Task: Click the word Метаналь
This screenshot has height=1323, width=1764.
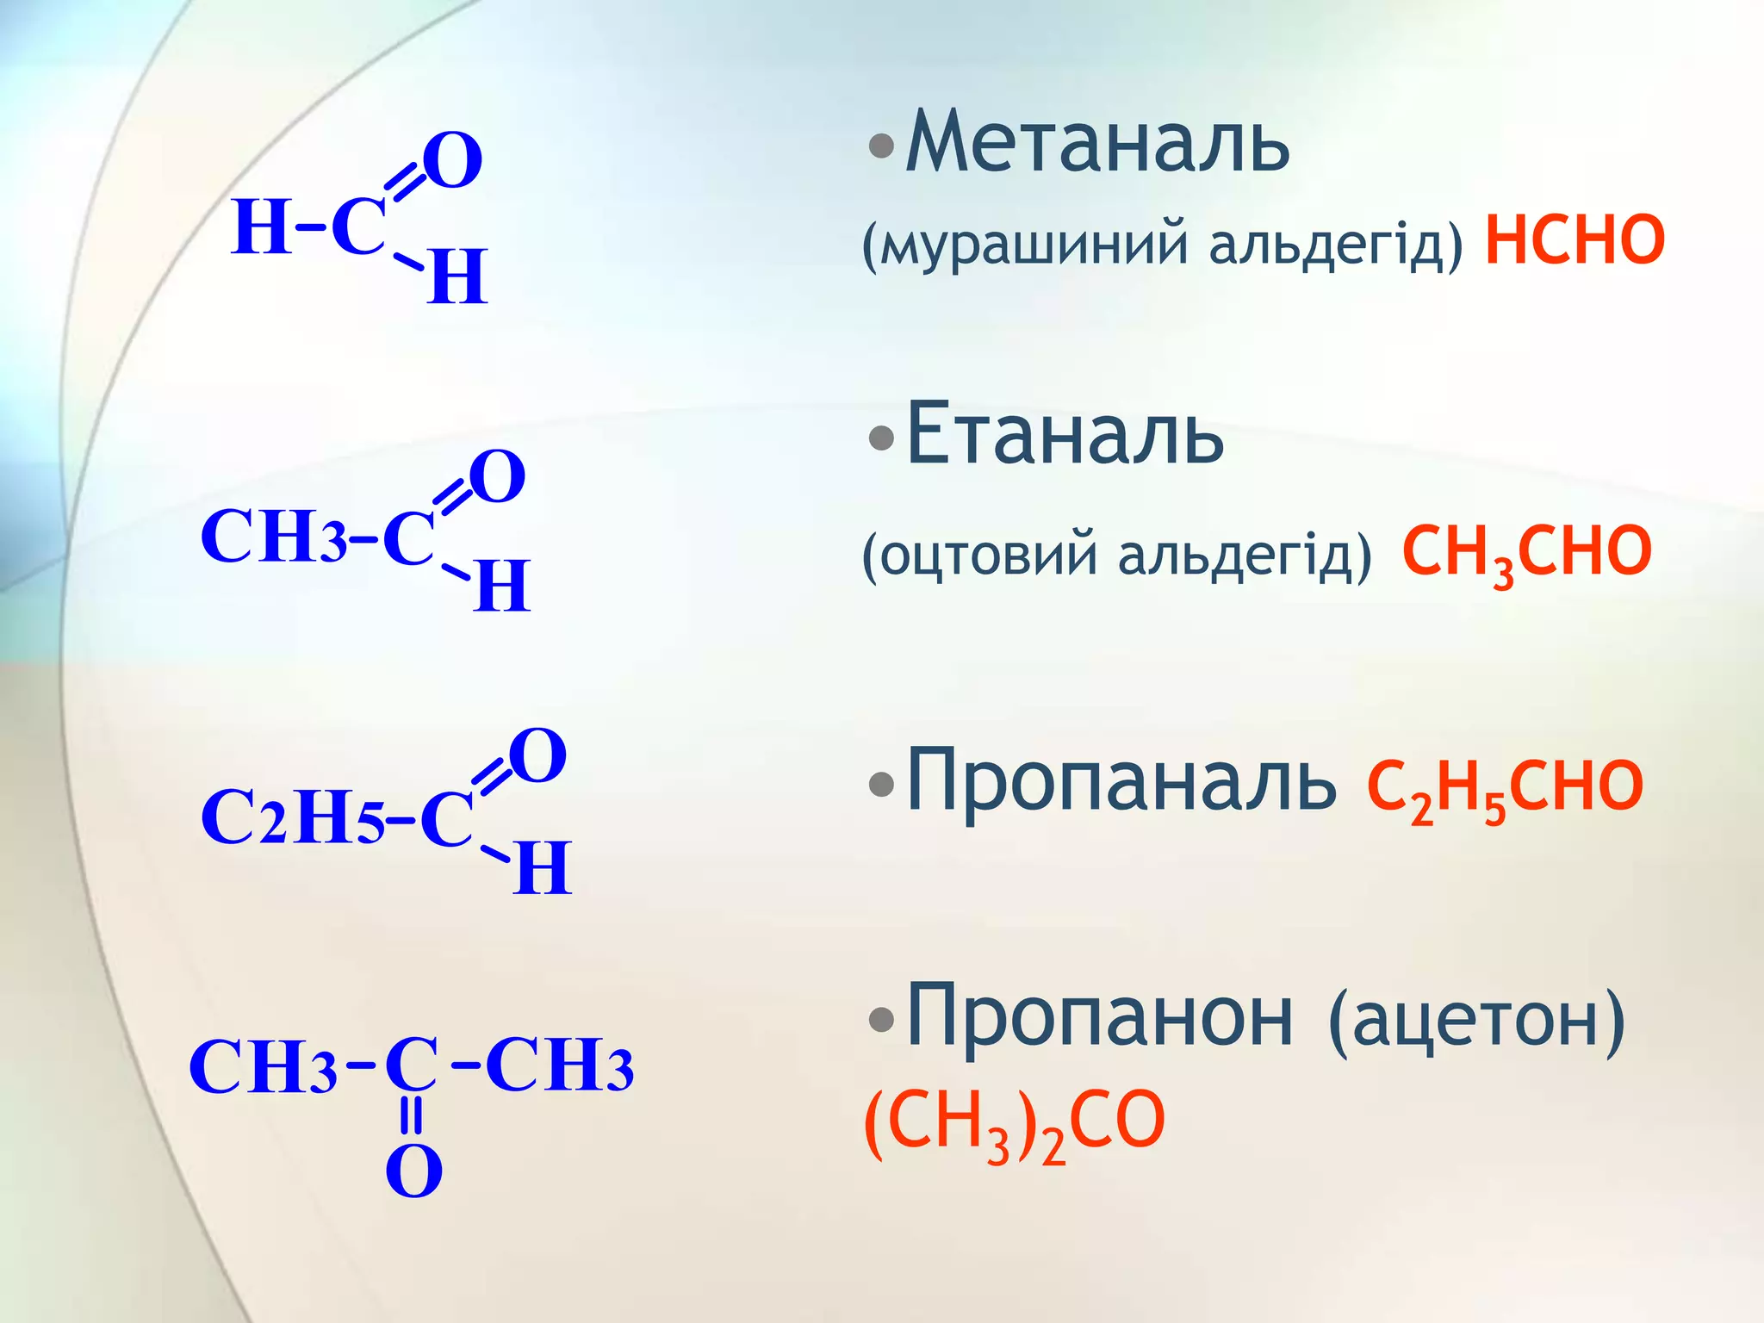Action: click(1097, 142)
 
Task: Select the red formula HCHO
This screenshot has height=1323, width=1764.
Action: click(1575, 241)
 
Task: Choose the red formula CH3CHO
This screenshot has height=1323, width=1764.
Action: click(1526, 553)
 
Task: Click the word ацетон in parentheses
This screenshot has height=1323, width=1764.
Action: click(1477, 1021)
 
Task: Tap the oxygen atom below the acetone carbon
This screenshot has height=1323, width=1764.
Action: click(413, 1171)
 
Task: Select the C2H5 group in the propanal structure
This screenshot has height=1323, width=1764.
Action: click(292, 817)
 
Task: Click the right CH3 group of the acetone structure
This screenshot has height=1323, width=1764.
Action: click(560, 1066)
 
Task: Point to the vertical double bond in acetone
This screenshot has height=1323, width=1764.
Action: click(413, 1115)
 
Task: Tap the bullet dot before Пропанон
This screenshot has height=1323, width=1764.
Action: click(881, 1020)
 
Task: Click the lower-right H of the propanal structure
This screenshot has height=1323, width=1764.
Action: click(542, 868)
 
